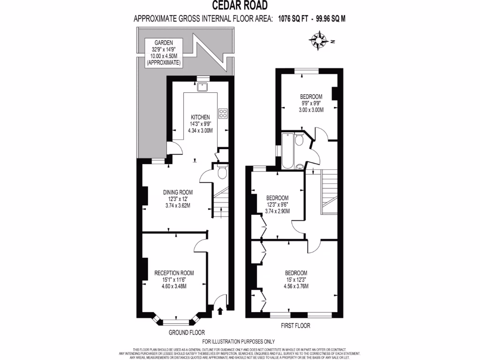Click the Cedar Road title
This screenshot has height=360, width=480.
tap(240, 6)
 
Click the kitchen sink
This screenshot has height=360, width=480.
tap(203, 86)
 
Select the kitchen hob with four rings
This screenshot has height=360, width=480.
tap(223, 113)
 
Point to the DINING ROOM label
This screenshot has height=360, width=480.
tap(178, 192)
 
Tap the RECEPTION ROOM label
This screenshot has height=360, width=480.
tap(174, 273)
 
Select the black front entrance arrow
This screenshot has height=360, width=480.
tap(220, 310)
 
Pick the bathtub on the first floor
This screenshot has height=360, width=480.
tap(287, 150)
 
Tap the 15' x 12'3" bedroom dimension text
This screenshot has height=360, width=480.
tap(296, 280)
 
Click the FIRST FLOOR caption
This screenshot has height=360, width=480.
tap(296, 325)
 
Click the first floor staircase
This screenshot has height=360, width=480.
tap(328, 187)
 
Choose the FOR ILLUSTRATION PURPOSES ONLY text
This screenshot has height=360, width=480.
tap(239, 342)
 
